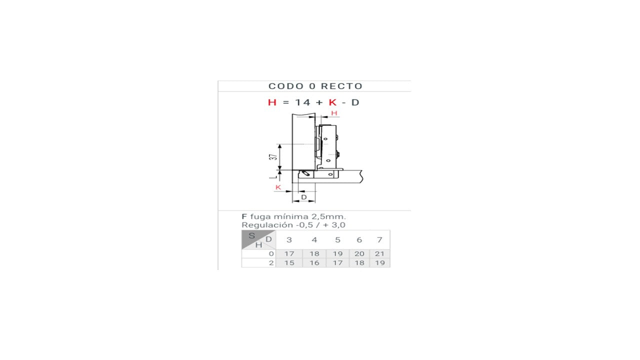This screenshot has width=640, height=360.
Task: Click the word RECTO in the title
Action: [x=341, y=86]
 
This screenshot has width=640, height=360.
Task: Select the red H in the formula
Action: [x=272, y=102]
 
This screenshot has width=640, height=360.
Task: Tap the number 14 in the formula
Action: [x=302, y=102]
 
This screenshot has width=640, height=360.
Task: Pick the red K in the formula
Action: [x=332, y=102]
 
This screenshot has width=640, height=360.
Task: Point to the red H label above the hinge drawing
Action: [x=334, y=113]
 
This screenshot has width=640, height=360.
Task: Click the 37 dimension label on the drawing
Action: [x=273, y=157]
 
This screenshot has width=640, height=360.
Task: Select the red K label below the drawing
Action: [x=278, y=187]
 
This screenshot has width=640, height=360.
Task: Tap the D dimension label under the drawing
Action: [x=304, y=197]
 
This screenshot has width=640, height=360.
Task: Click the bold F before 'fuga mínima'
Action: [x=244, y=216]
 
